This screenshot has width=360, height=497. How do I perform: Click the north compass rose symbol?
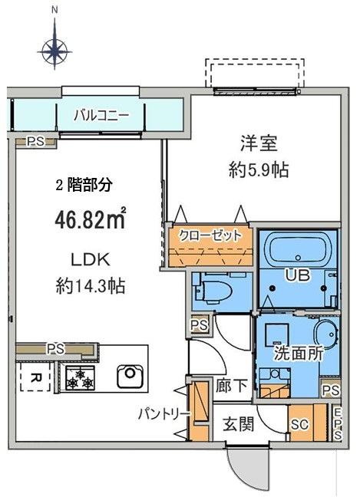pos(54,51)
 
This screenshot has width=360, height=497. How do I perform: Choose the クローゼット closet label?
pos(210,235)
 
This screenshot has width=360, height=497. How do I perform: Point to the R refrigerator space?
pos(35,377)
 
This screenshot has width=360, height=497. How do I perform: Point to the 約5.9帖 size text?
pos(259,170)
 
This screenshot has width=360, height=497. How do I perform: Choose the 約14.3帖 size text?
pos(91,286)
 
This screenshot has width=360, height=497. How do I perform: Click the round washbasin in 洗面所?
pos(323,334)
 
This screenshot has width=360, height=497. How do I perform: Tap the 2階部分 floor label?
pos(84,185)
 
